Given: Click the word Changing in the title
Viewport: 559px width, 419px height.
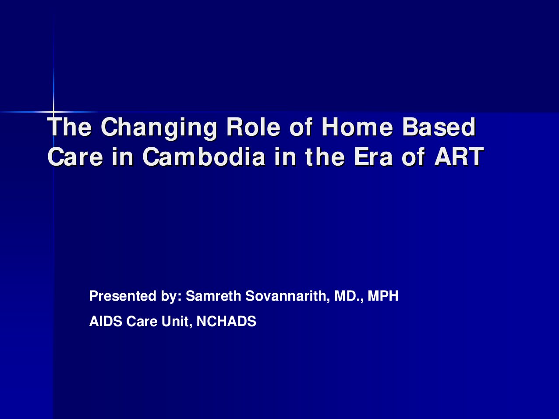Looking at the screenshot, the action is pyautogui.click(x=159, y=128).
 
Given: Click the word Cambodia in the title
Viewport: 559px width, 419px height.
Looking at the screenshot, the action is pyautogui.click(x=204, y=156).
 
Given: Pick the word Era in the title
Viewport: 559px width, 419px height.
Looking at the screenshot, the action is pyautogui.click(x=373, y=156).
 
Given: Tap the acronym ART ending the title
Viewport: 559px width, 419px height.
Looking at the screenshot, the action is pyautogui.click(x=459, y=156).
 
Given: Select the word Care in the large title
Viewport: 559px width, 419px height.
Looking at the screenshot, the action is pyautogui.click(x=75, y=156).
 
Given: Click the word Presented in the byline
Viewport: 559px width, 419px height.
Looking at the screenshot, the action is pyautogui.click(x=123, y=296).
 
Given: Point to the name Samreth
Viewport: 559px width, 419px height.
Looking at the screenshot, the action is pyautogui.click(x=213, y=296).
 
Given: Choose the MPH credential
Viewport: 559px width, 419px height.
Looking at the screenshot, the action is pyautogui.click(x=383, y=296).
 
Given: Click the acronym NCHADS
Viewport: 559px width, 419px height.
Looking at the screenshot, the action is pyautogui.click(x=226, y=321).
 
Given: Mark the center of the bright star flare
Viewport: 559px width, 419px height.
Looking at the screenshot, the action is pyautogui.click(x=53, y=112).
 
